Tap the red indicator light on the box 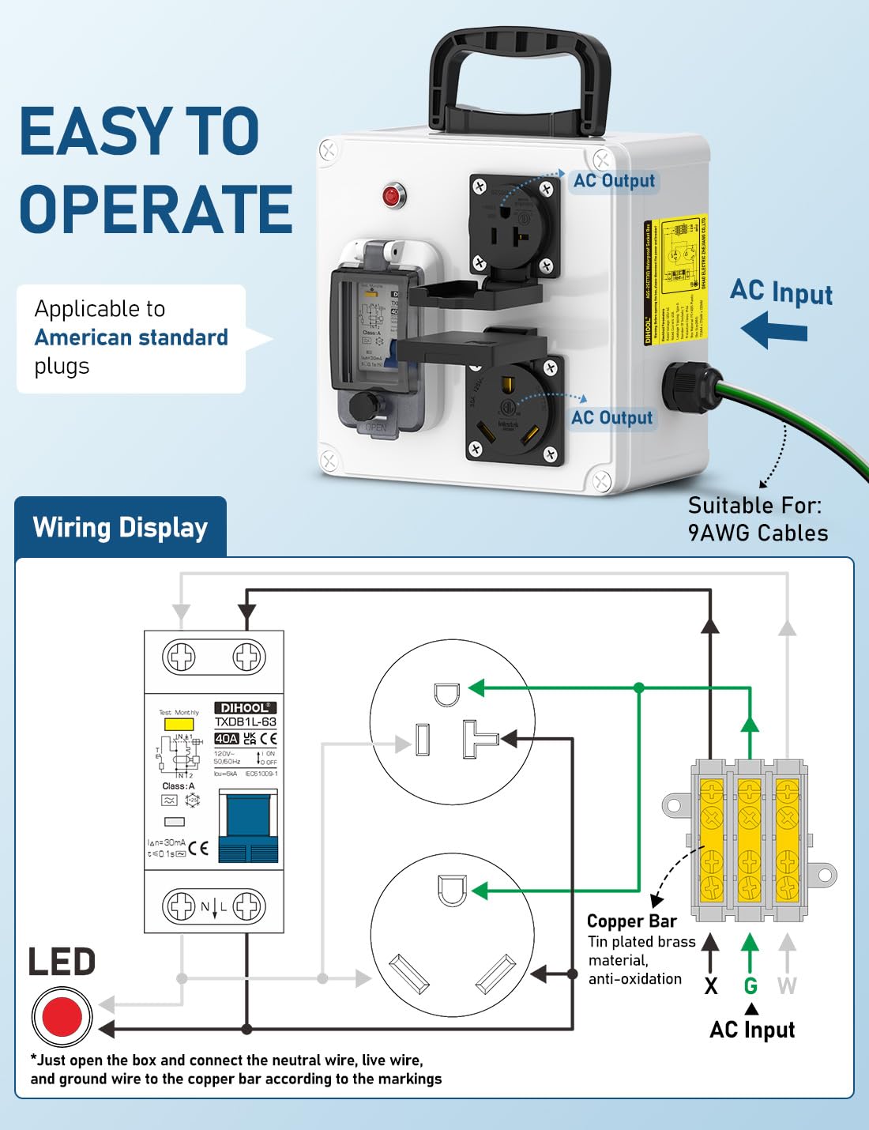pyautogui.click(x=391, y=195)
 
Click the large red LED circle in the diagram pyautogui.click(x=62, y=1016)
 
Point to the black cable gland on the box pyautogui.click(x=686, y=387)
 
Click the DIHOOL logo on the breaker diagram pyautogui.click(x=245, y=707)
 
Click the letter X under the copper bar pyautogui.click(x=711, y=985)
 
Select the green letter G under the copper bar pyautogui.click(x=750, y=985)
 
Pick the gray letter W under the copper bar pyautogui.click(x=787, y=985)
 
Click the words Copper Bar pyautogui.click(x=631, y=921)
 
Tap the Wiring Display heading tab pyautogui.click(x=120, y=527)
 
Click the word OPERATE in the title pyautogui.click(x=156, y=209)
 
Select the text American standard pyautogui.click(x=131, y=337)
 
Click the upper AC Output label pyautogui.click(x=614, y=181)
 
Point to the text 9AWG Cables pyautogui.click(x=758, y=533)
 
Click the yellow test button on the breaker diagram pyautogui.click(x=178, y=724)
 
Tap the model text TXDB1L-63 pyautogui.click(x=245, y=722)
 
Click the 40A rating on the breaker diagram pyautogui.click(x=226, y=738)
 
